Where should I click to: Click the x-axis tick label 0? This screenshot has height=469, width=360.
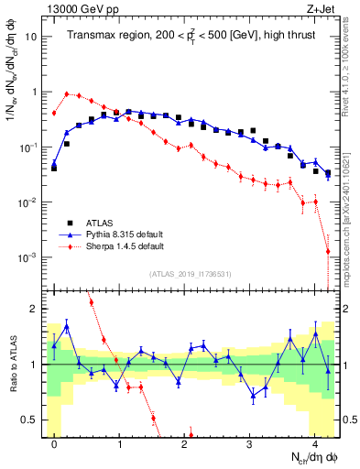pos(55,443)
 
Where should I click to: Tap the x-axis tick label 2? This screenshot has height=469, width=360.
pos(185,443)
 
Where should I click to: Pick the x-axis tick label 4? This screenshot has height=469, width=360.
pos(314,443)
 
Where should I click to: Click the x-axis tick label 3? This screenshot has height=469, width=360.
pos(250,443)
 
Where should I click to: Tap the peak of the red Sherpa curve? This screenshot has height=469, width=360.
pos(67,93)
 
